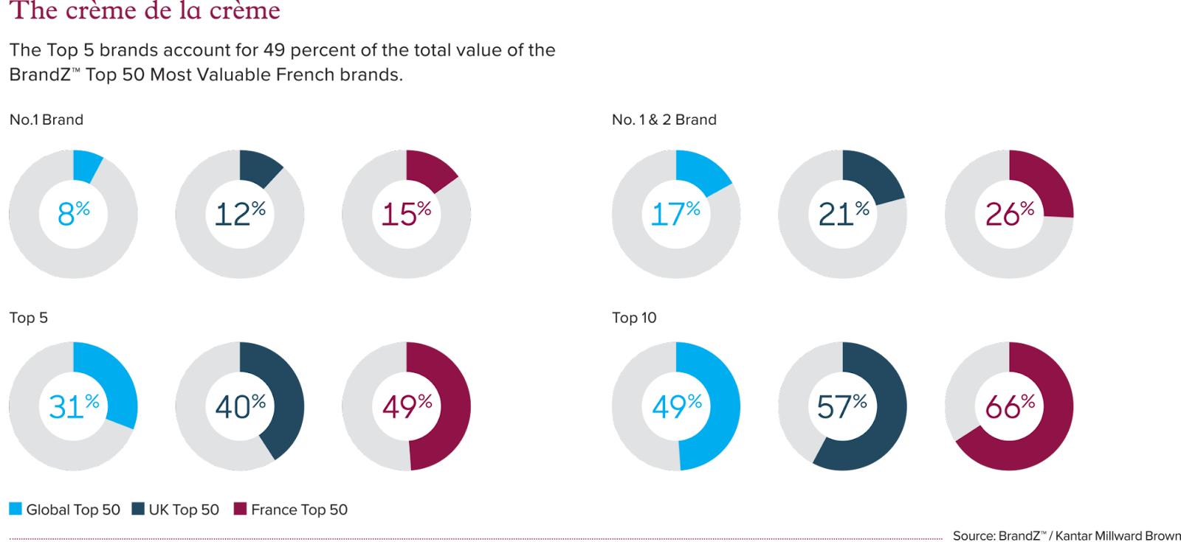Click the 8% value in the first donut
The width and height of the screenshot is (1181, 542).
click(73, 214)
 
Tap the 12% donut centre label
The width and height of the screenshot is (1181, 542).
click(240, 214)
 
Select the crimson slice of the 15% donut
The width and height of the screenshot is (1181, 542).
click(429, 169)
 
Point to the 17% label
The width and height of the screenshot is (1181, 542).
click(675, 214)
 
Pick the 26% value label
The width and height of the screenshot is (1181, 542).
click(1009, 214)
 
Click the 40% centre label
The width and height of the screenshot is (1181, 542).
click(240, 406)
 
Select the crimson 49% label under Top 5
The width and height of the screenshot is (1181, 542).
click(407, 406)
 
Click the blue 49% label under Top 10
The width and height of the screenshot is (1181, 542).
click(676, 406)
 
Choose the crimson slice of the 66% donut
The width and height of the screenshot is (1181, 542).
click(1033, 442)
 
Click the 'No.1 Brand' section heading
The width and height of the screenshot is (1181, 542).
click(47, 119)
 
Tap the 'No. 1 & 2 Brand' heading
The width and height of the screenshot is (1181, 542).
click(664, 119)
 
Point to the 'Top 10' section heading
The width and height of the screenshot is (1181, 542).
click(634, 318)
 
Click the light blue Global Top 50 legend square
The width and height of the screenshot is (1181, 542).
click(16, 509)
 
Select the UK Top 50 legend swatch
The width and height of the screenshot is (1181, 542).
click(138, 509)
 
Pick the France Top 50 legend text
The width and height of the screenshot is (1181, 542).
click(299, 510)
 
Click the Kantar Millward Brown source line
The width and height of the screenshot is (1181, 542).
click(1065, 535)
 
